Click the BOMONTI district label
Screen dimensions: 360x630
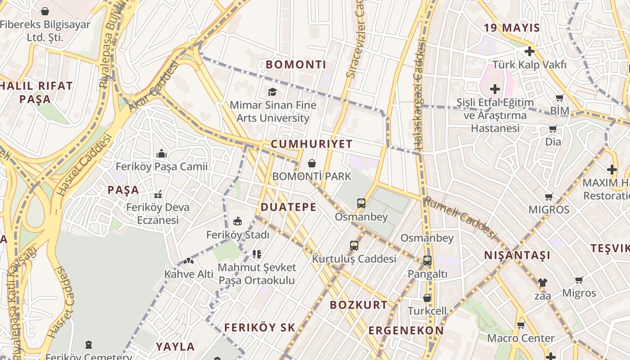point(296,64)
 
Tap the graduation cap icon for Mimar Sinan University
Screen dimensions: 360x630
point(272,92)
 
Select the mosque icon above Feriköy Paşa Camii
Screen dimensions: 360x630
point(162,154)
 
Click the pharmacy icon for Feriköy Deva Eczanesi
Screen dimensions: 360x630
point(158,195)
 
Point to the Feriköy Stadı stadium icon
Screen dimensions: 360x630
point(238,221)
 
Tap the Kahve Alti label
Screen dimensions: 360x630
point(189,274)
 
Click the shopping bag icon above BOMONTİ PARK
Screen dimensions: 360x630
point(311,163)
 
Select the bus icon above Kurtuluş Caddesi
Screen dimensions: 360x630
point(354,246)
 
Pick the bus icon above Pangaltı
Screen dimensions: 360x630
point(427,261)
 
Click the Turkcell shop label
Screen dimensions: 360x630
point(427,311)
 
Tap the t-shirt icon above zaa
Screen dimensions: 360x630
point(542,283)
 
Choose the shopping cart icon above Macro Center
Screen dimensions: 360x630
point(521,325)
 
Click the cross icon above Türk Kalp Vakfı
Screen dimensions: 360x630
point(530,51)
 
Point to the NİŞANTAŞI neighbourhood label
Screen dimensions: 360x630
point(517,256)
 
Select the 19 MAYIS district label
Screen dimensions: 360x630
point(512,28)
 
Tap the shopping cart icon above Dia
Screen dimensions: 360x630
point(553,129)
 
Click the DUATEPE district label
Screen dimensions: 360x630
point(288,207)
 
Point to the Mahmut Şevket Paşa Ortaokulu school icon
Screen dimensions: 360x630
point(257,254)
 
